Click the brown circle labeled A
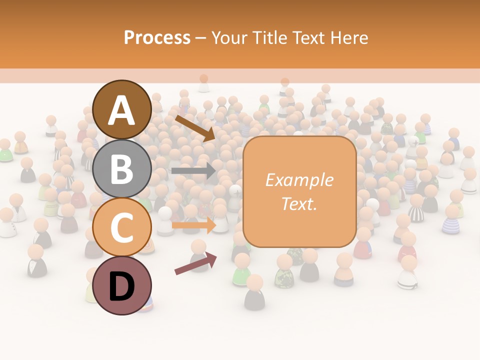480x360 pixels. (122, 109)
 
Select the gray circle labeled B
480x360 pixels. (122, 168)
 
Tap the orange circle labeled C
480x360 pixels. (122, 227)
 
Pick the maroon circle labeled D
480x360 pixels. (122, 285)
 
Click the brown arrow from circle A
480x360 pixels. (194, 128)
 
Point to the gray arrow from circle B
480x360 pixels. (193, 171)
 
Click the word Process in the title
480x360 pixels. (157, 38)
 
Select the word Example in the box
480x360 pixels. (299, 180)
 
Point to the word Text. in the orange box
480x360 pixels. (299, 203)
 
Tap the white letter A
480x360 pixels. (122, 110)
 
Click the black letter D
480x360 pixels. (122, 286)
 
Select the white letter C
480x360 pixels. (122, 227)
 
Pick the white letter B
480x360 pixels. (122, 169)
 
